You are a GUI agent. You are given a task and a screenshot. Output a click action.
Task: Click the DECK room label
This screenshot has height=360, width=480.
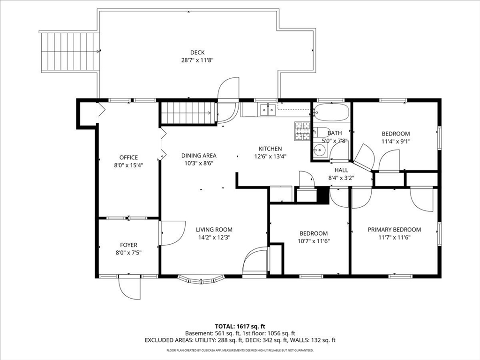coord(197,52)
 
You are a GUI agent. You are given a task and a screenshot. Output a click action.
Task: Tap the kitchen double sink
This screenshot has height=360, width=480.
coord(268,110)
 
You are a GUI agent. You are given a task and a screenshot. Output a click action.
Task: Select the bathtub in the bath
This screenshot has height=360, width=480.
coord(331,112)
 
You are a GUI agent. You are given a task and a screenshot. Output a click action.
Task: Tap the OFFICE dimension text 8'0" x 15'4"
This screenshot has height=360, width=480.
coord(128,165)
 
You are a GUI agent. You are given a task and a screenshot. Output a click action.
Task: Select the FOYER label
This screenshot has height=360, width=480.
coord(128,245)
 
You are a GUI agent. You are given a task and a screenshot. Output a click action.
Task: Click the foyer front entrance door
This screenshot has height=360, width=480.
coord(129,286)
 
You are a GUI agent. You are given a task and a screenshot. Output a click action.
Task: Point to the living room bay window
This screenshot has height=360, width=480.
coord(202,280)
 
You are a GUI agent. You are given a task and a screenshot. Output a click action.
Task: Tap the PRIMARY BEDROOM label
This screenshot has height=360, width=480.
coord(394,230)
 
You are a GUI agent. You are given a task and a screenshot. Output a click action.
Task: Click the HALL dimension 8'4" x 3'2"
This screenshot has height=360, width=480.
coord(341,178)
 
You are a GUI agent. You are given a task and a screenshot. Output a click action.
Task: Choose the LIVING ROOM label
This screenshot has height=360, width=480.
coord(214,230)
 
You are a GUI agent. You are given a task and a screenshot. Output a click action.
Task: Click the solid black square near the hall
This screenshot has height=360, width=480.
coord(322,195)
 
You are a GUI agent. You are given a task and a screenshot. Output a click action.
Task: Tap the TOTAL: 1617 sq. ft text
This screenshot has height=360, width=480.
coord(240,326)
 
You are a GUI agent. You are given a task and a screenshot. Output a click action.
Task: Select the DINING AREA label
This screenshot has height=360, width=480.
coord(199,156)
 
